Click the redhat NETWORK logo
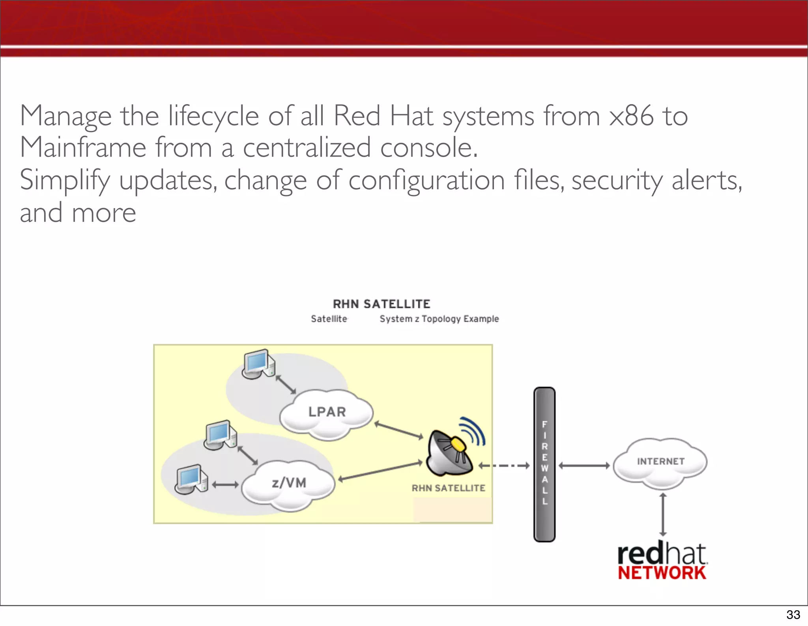click(x=662, y=562)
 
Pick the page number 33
click(x=793, y=615)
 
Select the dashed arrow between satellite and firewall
click(x=504, y=466)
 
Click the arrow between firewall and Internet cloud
click(x=584, y=466)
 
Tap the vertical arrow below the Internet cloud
click(x=663, y=514)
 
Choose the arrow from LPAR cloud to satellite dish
click(x=398, y=430)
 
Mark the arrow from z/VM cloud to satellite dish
click(x=380, y=471)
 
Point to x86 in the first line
click(x=631, y=116)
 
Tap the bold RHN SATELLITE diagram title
click(x=382, y=304)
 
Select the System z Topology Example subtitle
click(x=439, y=319)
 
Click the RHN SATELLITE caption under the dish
click(x=449, y=488)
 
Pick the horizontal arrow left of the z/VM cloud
click(x=225, y=484)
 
